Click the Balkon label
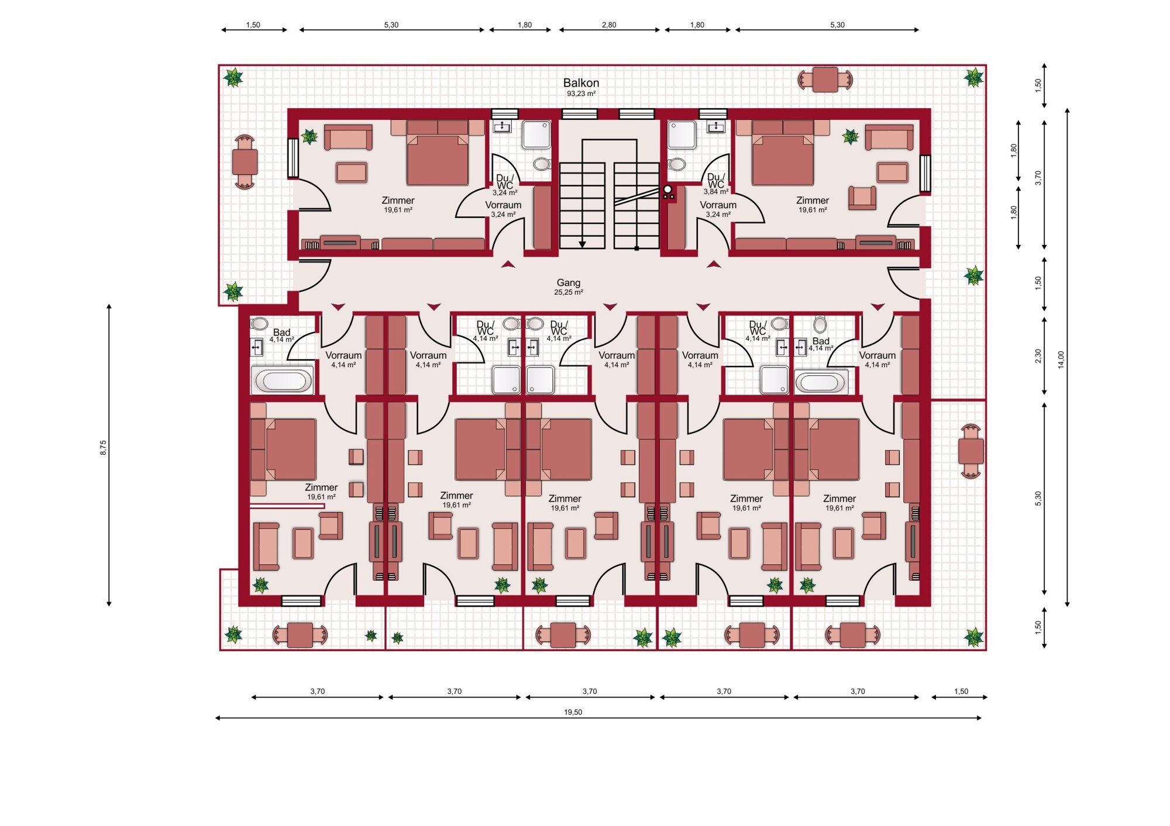point(581,83)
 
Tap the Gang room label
point(568,283)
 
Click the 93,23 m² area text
point(581,94)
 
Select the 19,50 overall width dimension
point(573,712)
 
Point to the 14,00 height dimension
point(1061,359)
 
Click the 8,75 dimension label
point(104,448)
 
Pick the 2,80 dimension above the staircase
point(608,25)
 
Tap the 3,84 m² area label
point(716,192)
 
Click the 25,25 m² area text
point(568,292)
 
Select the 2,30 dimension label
point(1038,356)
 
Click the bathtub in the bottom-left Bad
point(283,381)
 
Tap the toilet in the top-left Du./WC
point(542,164)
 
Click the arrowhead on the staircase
point(582,244)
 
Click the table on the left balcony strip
point(245,162)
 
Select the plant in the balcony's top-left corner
point(233,77)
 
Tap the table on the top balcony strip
point(825,80)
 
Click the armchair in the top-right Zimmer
point(862,198)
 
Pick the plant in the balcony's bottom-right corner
point(973,637)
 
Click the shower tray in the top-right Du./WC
point(682,135)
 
